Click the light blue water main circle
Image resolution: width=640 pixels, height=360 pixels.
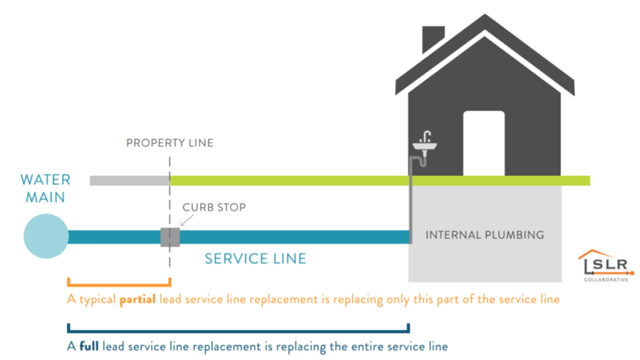coord(46,237)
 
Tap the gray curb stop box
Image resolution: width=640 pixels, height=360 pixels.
coord(169,237)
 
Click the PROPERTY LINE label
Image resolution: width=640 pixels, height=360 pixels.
coord(169,143)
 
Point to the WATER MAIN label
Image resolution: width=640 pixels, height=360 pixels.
coord(45,188)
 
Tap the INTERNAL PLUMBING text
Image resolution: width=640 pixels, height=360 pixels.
coord(484,235)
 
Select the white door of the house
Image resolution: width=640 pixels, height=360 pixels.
coord(483,143)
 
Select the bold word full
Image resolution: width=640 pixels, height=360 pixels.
coord(89,346)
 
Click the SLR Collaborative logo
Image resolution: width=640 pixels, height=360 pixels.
coord(605,266)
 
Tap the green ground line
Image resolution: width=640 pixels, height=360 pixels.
coord(375,181)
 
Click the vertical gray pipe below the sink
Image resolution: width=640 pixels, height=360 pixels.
coord(411,200)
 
